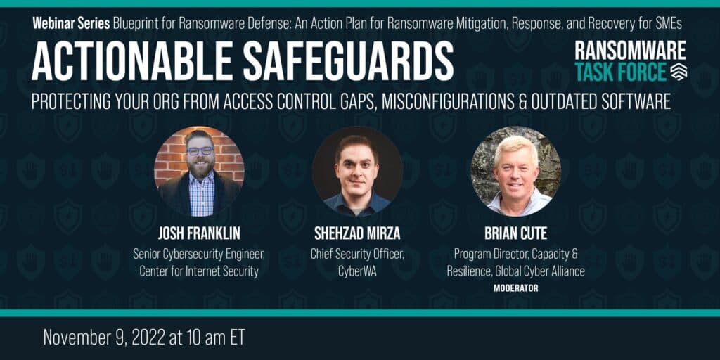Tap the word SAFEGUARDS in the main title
click(349, 62)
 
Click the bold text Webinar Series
click(71, 24)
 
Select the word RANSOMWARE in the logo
click(631, 51)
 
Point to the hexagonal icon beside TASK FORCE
click(679, 72)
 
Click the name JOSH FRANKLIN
click(199, 233)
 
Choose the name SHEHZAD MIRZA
click(357, 233)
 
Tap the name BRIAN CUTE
click(515, 233)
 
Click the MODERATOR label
click(515, 288)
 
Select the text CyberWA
click(357, 271)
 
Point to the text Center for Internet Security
click(199, 271)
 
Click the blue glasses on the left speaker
click(200, 150)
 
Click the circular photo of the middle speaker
click(357, 172)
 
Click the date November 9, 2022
click(103, 337)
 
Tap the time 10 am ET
click(213, 337)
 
